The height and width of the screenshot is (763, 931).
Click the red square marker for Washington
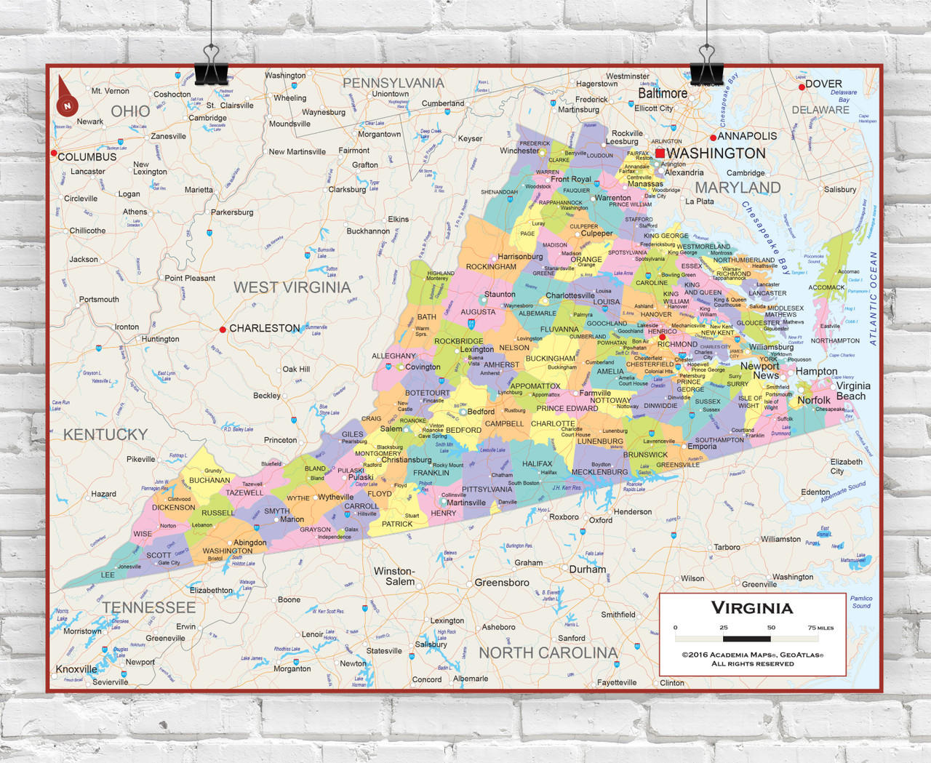coord(660,153)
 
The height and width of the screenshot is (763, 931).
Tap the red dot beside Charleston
coord(223,329)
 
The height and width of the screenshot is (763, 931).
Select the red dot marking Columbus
coord(54,153)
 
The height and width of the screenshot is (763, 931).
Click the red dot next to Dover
coord(802,87)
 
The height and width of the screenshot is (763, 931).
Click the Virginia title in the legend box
coord(751,608)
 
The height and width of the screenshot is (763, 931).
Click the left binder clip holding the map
coord(211,67)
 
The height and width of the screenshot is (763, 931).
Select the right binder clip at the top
coord(706,67)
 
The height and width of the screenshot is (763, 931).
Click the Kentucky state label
coord(105,434)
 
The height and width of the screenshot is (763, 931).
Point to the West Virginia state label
coord(292,287)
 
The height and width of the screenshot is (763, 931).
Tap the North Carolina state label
coord(548,652)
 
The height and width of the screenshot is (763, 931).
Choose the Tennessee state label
coord(149,607)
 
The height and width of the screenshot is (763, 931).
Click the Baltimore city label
coord(662,94)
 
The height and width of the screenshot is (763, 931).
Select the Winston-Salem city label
coord(394,576)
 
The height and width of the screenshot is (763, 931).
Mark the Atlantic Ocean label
coord(873,298)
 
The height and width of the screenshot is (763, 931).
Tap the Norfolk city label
coord(813,400)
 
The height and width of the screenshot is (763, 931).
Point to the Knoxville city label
coord(76,669)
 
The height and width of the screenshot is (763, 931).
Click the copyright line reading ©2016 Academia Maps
coord(752,655)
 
